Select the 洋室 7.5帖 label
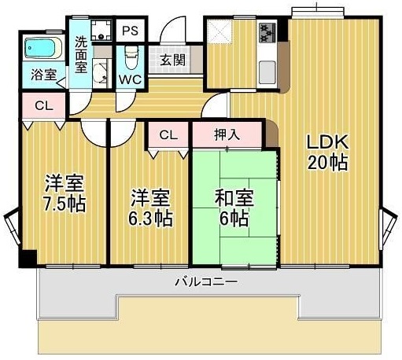[x=65, y=193]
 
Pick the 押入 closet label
[x=227, y=135]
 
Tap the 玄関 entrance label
[x=173, y=60]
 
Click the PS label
[x=130, y=31]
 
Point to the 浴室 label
[x=44, y=75]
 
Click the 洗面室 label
[x=81, y=54]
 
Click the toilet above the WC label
[x=131, y=57]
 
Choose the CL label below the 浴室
[x=44, y=105]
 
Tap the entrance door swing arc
[x=168, y=35]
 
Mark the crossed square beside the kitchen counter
[x=219, y=34]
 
